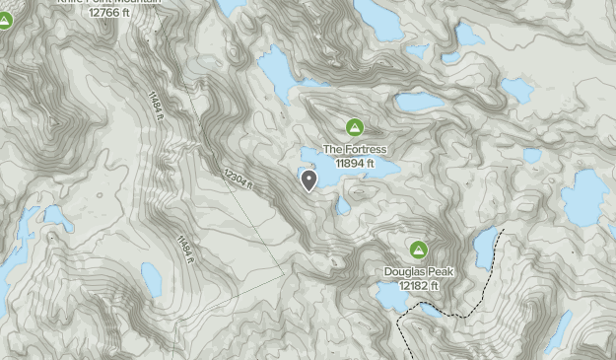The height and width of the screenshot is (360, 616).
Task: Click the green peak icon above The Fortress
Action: (355, 127)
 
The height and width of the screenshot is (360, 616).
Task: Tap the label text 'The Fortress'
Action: (355, 150)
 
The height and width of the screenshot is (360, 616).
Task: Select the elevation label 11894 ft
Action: (355, 164)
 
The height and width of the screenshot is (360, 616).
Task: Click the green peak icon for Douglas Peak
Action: (419, 251)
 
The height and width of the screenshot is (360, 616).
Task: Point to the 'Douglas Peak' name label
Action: (419, 271)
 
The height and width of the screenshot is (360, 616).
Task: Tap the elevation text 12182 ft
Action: (419, 285)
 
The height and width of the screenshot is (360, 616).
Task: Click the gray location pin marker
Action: (309, 179)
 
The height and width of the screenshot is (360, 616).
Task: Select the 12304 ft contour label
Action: (238, 179)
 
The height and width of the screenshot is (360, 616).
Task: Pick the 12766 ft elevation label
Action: (108, 13)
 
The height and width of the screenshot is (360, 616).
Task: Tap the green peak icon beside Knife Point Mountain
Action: (5, 19)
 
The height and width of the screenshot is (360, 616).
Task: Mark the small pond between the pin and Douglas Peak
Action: (342, 206)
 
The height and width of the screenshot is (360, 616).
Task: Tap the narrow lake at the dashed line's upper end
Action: (484, 247)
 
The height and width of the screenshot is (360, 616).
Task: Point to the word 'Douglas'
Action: (402, 271)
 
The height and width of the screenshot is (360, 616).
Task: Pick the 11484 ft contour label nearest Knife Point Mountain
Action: (156, 106)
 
